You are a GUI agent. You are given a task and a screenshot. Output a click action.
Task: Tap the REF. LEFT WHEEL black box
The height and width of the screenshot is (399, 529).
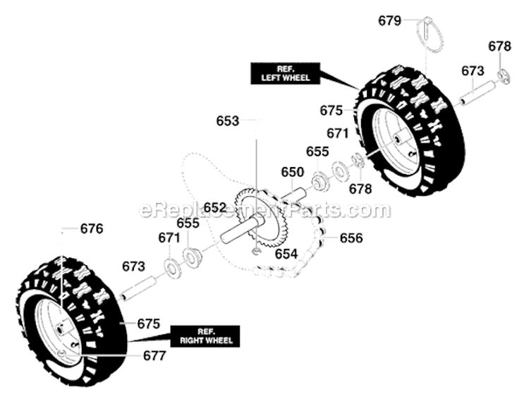pos(284,73)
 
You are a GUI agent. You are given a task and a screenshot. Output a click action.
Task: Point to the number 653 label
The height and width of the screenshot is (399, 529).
pos(228,121)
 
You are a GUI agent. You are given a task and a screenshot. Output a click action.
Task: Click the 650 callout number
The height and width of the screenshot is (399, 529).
pos(292,172)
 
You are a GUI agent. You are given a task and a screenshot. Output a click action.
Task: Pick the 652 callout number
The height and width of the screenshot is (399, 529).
pos(215,207)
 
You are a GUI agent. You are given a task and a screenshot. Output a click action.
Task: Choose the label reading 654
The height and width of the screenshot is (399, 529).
pos(286,253)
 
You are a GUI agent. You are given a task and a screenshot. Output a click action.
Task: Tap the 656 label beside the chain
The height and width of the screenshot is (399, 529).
pos(351,238)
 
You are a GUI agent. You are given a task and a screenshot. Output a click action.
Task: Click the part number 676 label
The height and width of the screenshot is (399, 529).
pos(92,229)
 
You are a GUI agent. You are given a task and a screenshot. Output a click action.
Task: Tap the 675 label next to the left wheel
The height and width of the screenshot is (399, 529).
pos(331,111)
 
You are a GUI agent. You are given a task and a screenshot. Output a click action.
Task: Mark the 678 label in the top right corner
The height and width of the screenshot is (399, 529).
pos(499,47)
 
